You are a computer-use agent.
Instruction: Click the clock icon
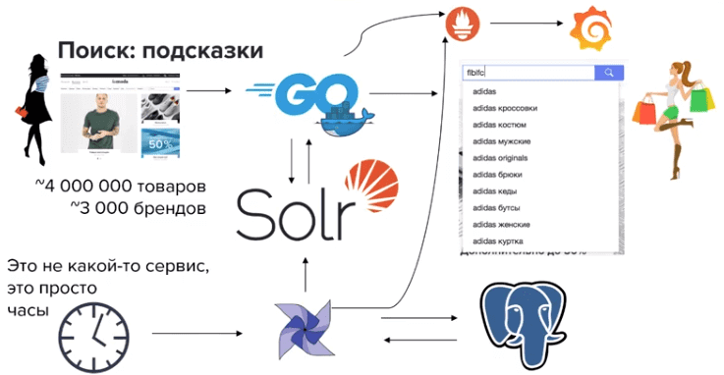[87, 333]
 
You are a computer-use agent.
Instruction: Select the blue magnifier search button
[609, 73]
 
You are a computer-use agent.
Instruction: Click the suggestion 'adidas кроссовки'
[505, 108]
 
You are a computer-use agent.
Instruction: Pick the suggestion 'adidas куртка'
[498, 241]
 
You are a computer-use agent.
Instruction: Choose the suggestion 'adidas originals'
[501, 158]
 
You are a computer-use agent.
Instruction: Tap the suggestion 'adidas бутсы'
[497, 208]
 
